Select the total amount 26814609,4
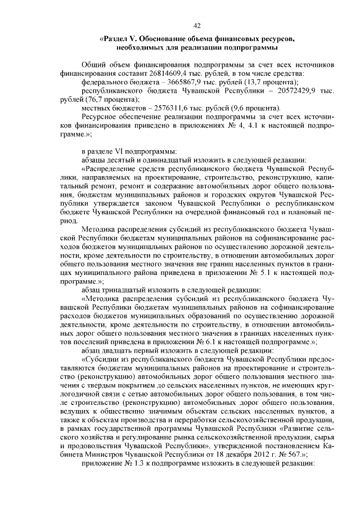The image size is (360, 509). (171, 73)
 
